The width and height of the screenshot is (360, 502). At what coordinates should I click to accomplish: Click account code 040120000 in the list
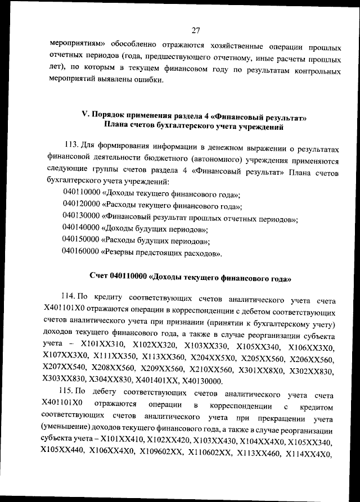[x=81, y=206]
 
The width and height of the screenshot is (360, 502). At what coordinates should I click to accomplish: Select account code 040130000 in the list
[x=81, y=219]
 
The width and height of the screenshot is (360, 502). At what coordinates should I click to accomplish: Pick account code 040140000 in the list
[x=81, y=230]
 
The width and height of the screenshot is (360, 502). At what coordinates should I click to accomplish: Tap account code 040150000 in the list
[x=81, y=242]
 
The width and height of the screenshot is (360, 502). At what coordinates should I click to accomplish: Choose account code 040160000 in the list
[x=81, y=254]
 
